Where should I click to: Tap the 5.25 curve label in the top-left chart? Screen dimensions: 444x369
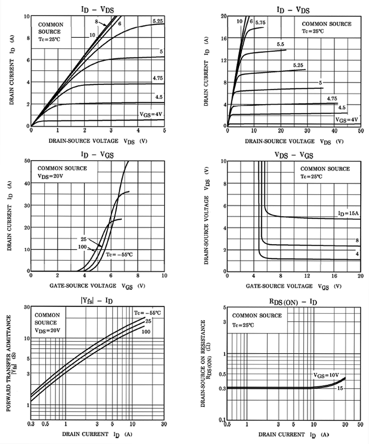point(158,21)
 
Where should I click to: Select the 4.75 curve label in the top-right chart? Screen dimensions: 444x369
point(332,99)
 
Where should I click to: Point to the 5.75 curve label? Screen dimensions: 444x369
point(260,22)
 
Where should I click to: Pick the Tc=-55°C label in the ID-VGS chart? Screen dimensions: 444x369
point(119,254)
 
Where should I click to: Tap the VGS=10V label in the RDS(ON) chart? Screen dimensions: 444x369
point(326,375)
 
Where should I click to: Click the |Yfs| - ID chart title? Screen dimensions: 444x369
point(97,301)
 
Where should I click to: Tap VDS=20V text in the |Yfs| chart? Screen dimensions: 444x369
point(49,331)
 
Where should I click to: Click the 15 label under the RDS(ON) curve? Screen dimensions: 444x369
point(339,388)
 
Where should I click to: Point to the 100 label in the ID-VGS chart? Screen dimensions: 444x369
point(83,247)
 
